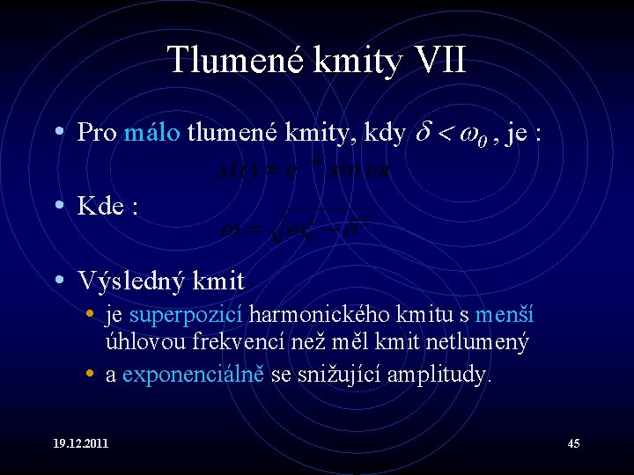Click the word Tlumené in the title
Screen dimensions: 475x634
pos(232,61)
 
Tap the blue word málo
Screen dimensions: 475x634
pos(152,133)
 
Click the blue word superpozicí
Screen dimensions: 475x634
pos(188,315)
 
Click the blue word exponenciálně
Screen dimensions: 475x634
pos(194,375)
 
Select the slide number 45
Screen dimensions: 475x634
pos(572,443)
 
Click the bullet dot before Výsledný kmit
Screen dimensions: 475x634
pos(58,281)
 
